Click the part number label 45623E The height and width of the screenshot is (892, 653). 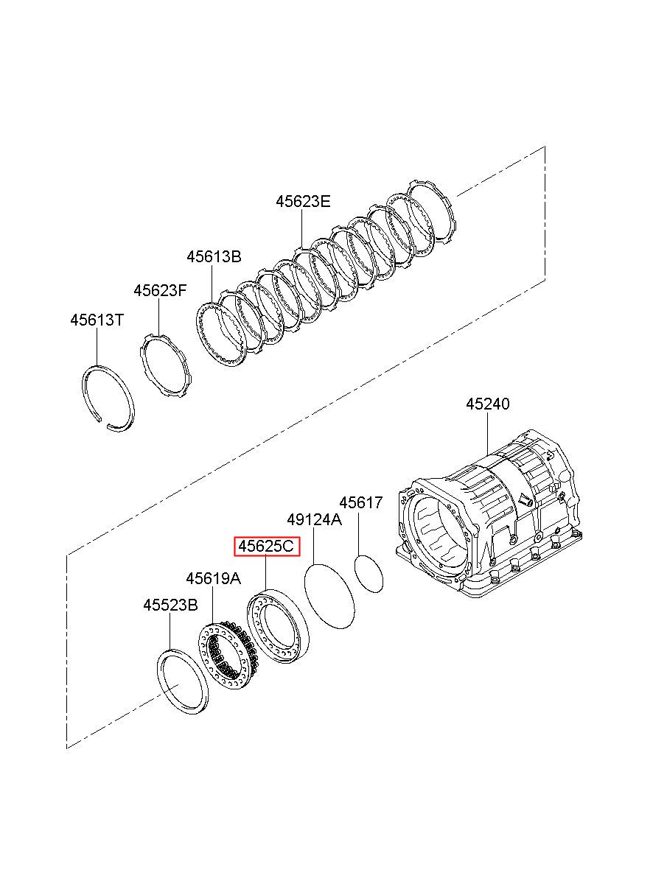click(x=303, y=202)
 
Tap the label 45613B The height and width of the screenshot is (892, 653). click(x=214, y=256)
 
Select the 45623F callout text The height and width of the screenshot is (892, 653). click(x=160, y=290)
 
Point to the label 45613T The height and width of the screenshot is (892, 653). click(x=97, y=320)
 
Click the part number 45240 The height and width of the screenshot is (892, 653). click(x=488, y=404)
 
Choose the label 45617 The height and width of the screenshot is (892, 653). click(x=360, y=502)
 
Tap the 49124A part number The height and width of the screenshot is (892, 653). click(x=315, y=519)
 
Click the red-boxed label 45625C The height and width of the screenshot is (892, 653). click(x=266, y=547)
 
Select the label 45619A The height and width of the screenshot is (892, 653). click(x=213, y=578)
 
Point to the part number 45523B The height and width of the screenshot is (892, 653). click(x=170, y=605)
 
